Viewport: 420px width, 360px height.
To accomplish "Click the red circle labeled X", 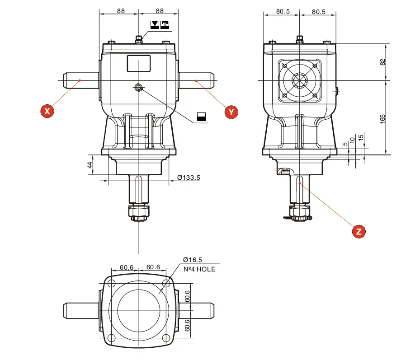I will (47, 111).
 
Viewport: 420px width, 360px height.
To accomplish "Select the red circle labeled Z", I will (359, 231).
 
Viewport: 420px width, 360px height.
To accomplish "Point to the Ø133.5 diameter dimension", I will (189, 178).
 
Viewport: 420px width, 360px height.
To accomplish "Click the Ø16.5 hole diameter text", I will (193, 260).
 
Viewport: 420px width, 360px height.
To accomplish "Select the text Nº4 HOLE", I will (199, 269).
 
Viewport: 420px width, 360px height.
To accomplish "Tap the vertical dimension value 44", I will (90, 165).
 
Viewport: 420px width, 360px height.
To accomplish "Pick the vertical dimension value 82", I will (382, 62).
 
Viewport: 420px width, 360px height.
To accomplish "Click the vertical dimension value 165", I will (382, 119).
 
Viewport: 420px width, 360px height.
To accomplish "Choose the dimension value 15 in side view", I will (360, 137).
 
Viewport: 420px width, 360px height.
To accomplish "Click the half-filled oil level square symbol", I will (201, 117).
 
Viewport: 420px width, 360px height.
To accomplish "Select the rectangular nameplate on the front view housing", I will (138, 63).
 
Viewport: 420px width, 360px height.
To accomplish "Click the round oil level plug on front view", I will (138, 88).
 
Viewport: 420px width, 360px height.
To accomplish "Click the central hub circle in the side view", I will (299, 81).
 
